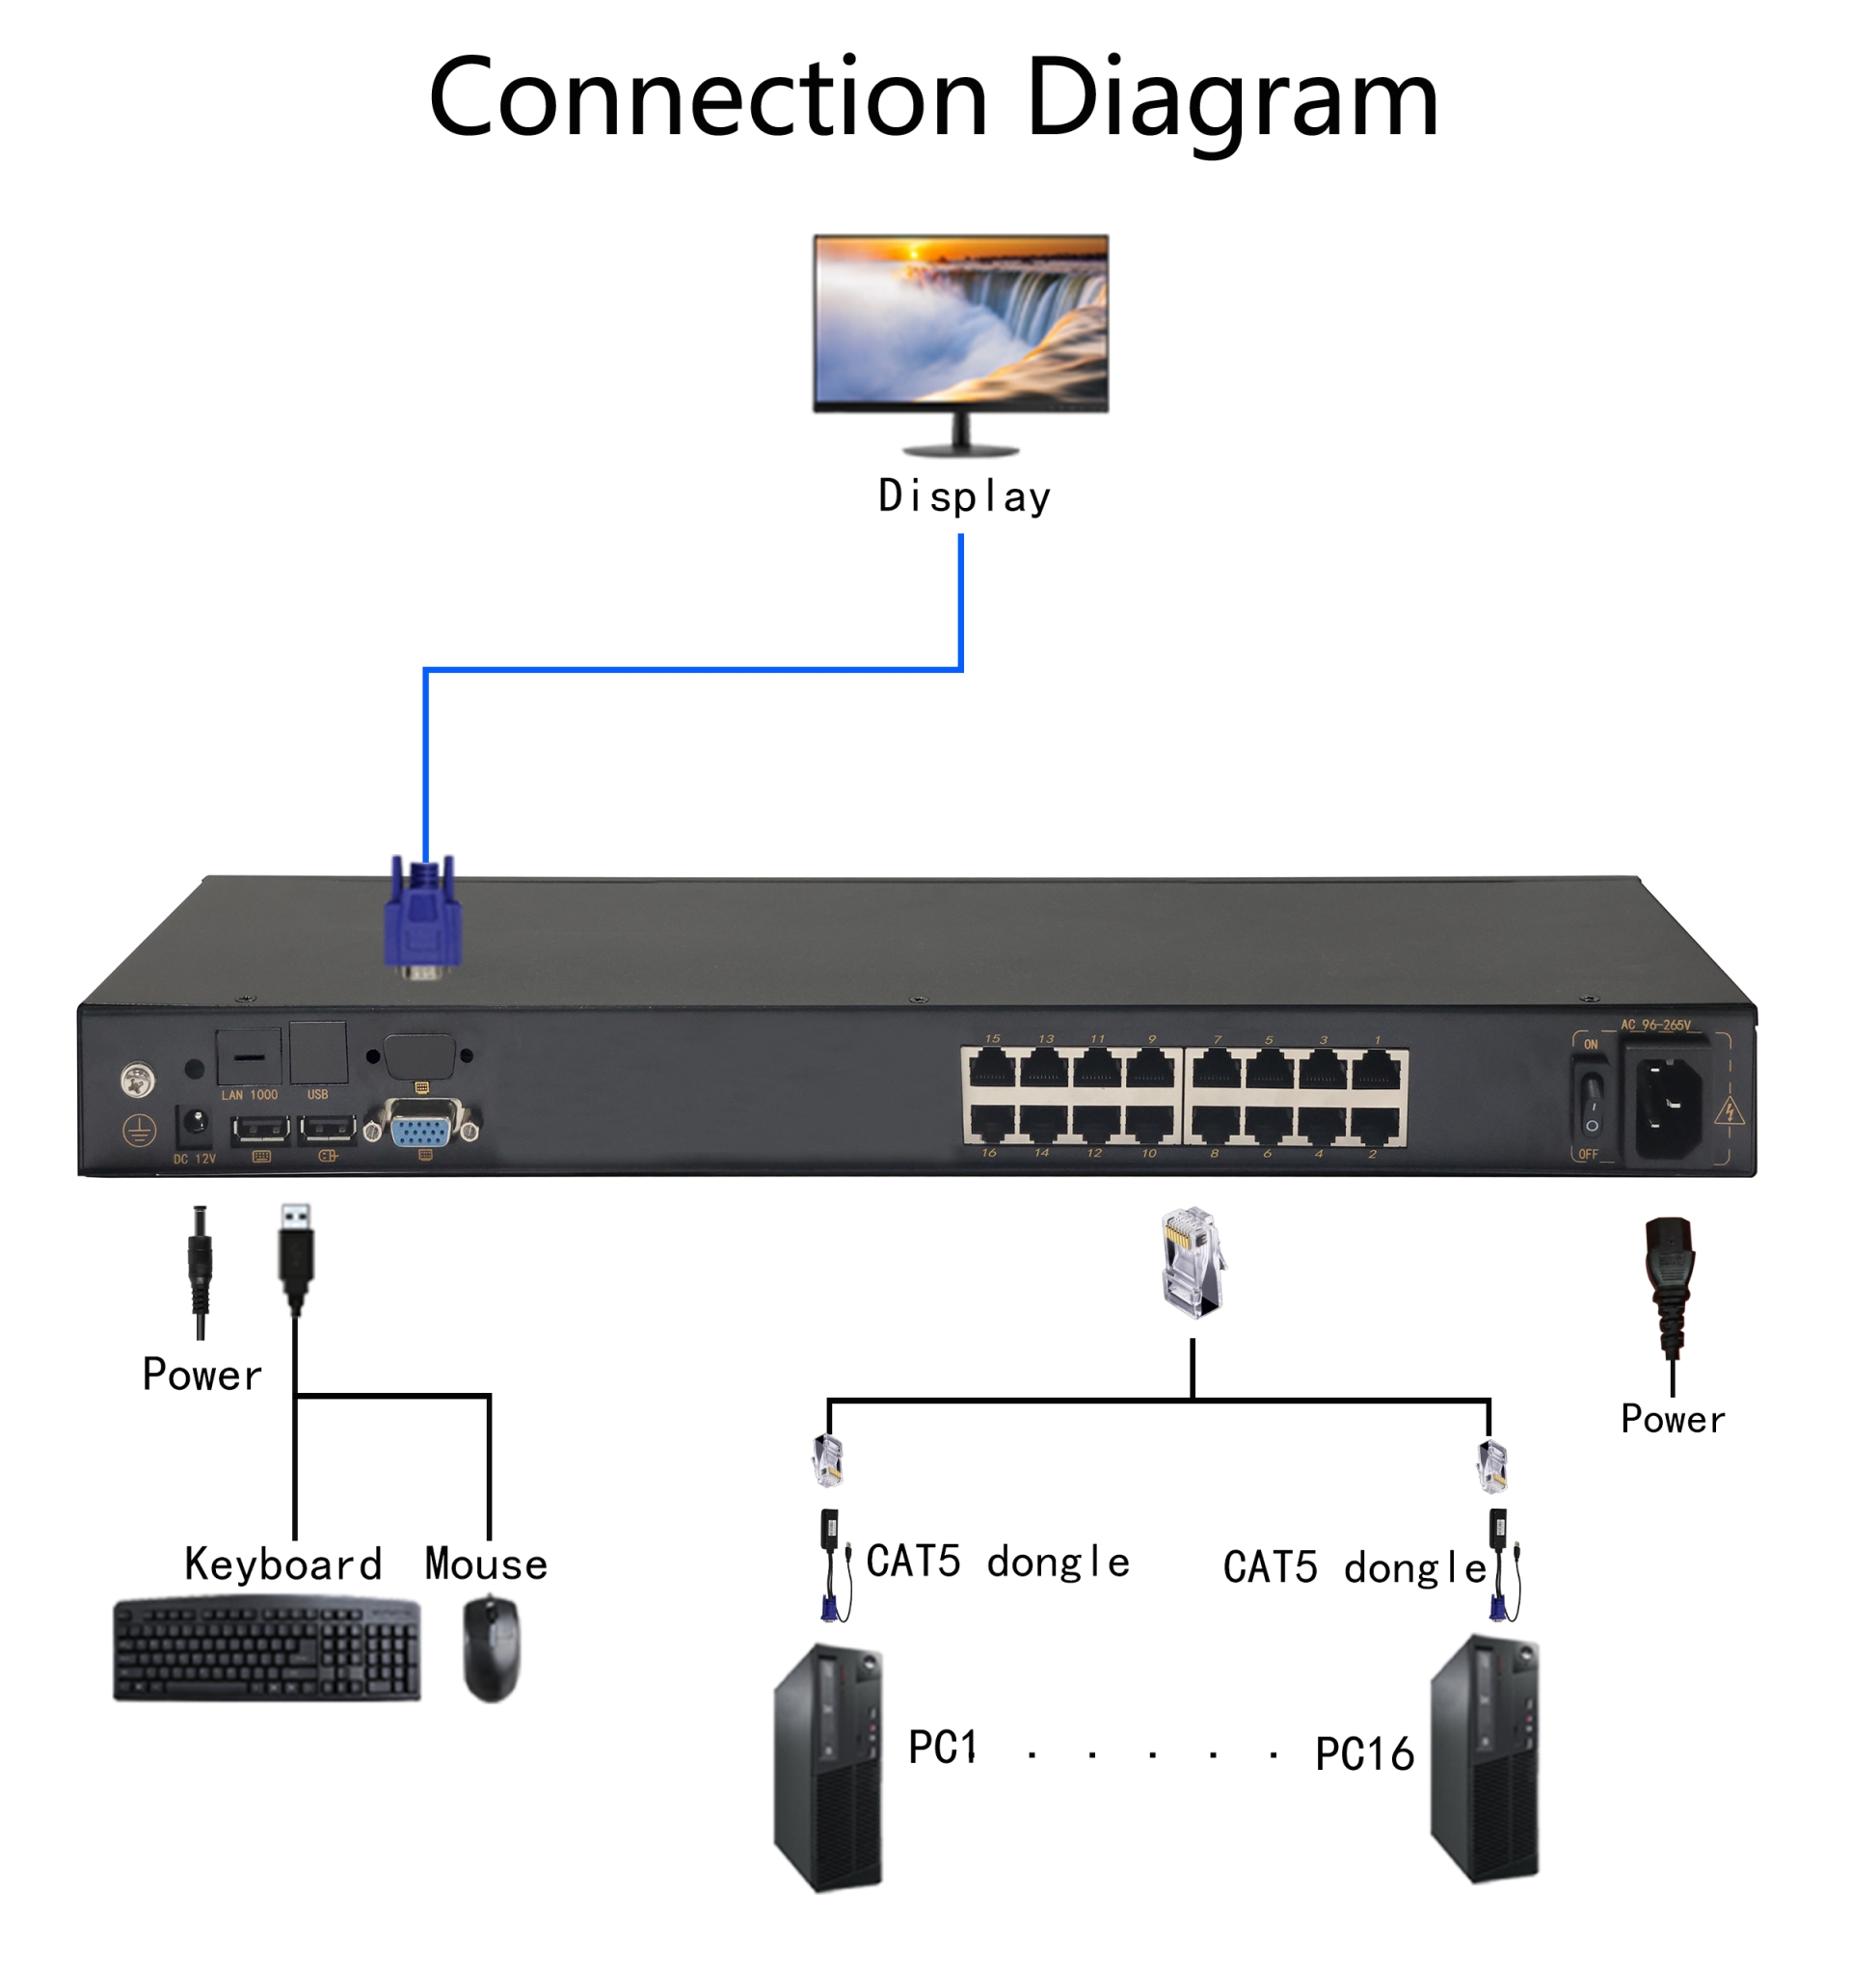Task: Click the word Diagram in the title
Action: pos(1231,99)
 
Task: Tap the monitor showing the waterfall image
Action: pos(959,323)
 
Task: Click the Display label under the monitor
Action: pos(963,495)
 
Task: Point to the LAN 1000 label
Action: pos(249,1094)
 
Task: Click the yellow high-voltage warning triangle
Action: pos(1730,1110)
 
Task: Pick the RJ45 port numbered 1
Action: pos(1377,1071)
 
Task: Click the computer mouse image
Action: pos(492,1649)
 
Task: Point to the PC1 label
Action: pos(942,1749)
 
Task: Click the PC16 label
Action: pos(1363,1754)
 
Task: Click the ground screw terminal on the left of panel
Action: pos(137,1080)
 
